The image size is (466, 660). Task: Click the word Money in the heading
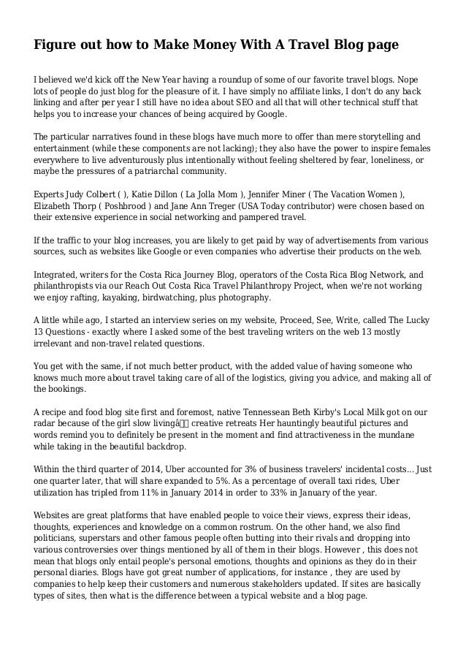(178, 45)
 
